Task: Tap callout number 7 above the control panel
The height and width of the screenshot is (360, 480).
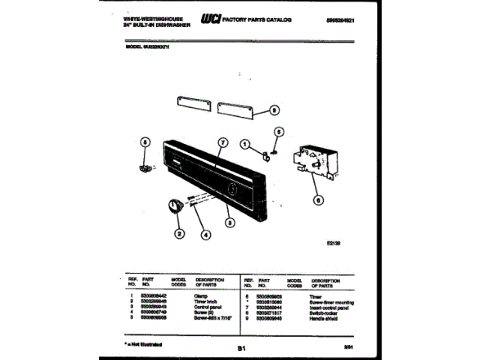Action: pos(222,142)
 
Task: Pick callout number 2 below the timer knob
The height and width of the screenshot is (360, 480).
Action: pos(179,233)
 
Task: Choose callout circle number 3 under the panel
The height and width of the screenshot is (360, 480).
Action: pos(228,221)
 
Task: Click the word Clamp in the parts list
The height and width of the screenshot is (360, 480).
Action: pos(201,298)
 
